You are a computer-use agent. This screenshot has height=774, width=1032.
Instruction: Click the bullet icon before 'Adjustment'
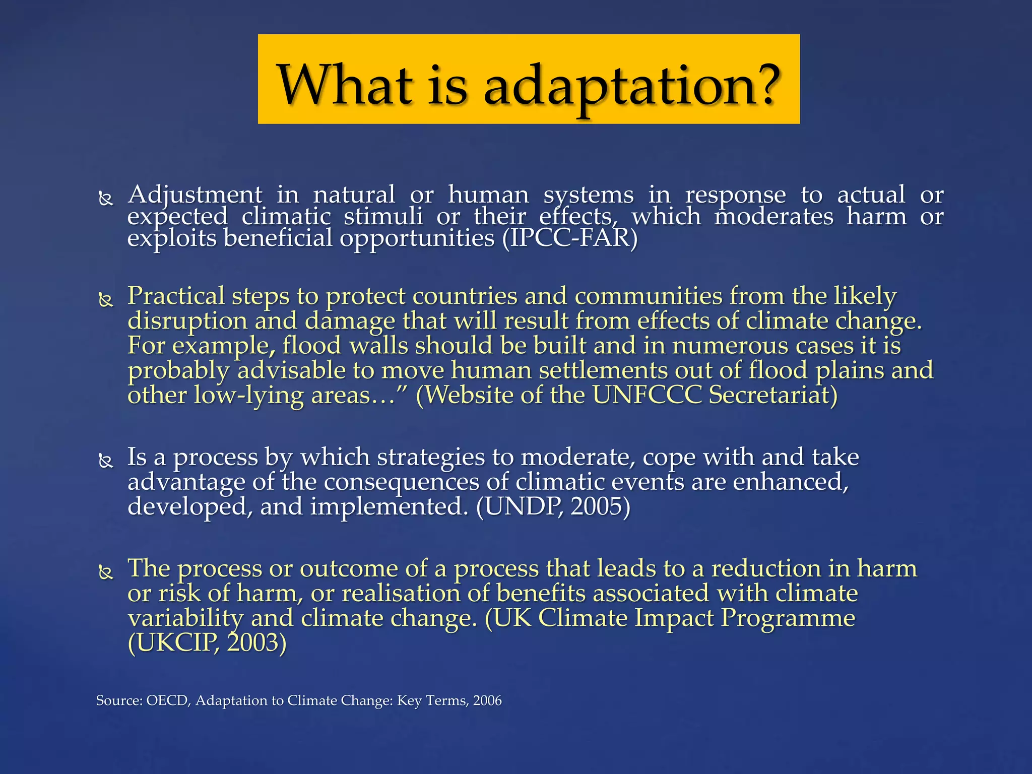coord(106,199)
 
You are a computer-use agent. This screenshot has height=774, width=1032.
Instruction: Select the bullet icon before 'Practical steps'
coord(106,300)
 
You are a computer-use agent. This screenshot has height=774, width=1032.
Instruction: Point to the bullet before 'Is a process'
coord(106,461)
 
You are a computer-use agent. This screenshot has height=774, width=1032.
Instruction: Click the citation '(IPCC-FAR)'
coord(570,238)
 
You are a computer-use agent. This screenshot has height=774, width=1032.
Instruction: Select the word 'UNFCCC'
coord(647,395)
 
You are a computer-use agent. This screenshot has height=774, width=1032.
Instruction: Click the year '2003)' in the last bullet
coord(257,642)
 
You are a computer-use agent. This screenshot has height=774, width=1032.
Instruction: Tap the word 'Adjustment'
coord(195,195)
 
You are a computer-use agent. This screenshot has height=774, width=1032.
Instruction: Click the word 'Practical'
coord(176,296)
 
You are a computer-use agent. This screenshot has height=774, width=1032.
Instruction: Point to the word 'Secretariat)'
coord(773,395)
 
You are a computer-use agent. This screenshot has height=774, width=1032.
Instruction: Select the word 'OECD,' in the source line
coord(168,700)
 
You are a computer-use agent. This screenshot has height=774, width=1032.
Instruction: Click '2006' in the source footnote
coord(487,700)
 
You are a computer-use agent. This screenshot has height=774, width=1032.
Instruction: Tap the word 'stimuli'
coord(383,217)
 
